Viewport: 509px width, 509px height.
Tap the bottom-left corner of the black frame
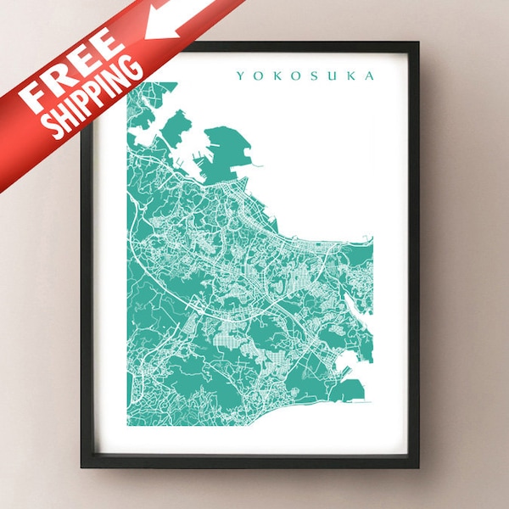[83, 466]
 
